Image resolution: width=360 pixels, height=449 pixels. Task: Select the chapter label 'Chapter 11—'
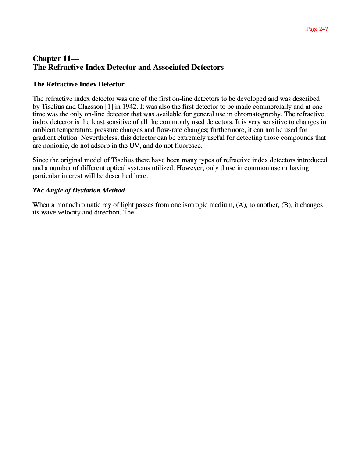[56, 58]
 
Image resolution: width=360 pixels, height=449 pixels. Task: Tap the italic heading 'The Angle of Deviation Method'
[79, 190]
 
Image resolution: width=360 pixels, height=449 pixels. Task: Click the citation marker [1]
[110, 106]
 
